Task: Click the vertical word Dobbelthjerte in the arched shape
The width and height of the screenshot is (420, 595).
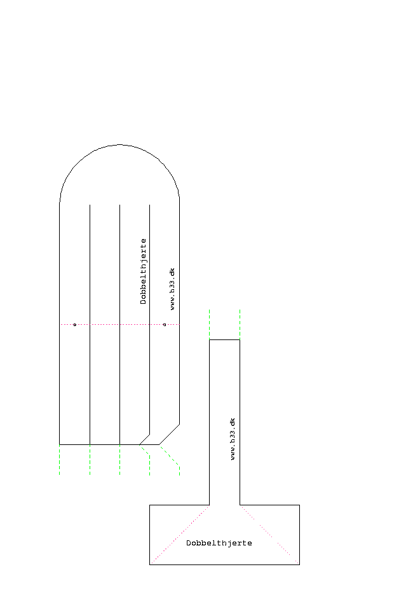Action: coord(143,271)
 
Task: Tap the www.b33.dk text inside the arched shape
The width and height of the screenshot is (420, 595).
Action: coord(172,289)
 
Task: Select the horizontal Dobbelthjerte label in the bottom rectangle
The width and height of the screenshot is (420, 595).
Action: coord(219,543)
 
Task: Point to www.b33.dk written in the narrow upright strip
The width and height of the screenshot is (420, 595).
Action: coord(233,439)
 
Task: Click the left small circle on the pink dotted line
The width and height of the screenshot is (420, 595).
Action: coord(75,325)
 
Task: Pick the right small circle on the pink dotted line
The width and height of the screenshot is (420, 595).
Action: coord(165,325)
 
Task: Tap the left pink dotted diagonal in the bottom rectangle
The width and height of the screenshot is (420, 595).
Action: coord(180,535)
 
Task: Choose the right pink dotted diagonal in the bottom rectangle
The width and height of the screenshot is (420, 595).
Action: coord(269,535)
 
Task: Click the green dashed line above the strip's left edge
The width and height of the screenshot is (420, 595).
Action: coord(210,324)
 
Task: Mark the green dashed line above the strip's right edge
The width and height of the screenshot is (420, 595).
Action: coord(240,324)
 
